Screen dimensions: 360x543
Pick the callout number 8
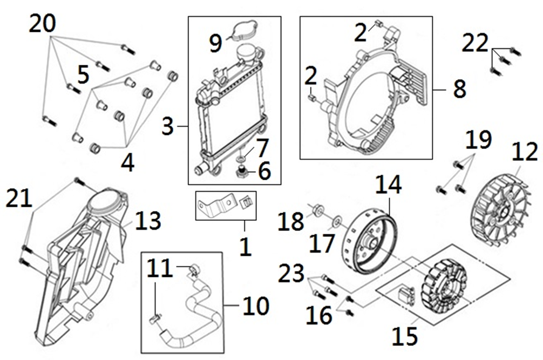[x=459, y=89]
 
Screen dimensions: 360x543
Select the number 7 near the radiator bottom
[x=262, y=146]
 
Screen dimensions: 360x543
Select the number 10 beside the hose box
[x=255, y=307]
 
